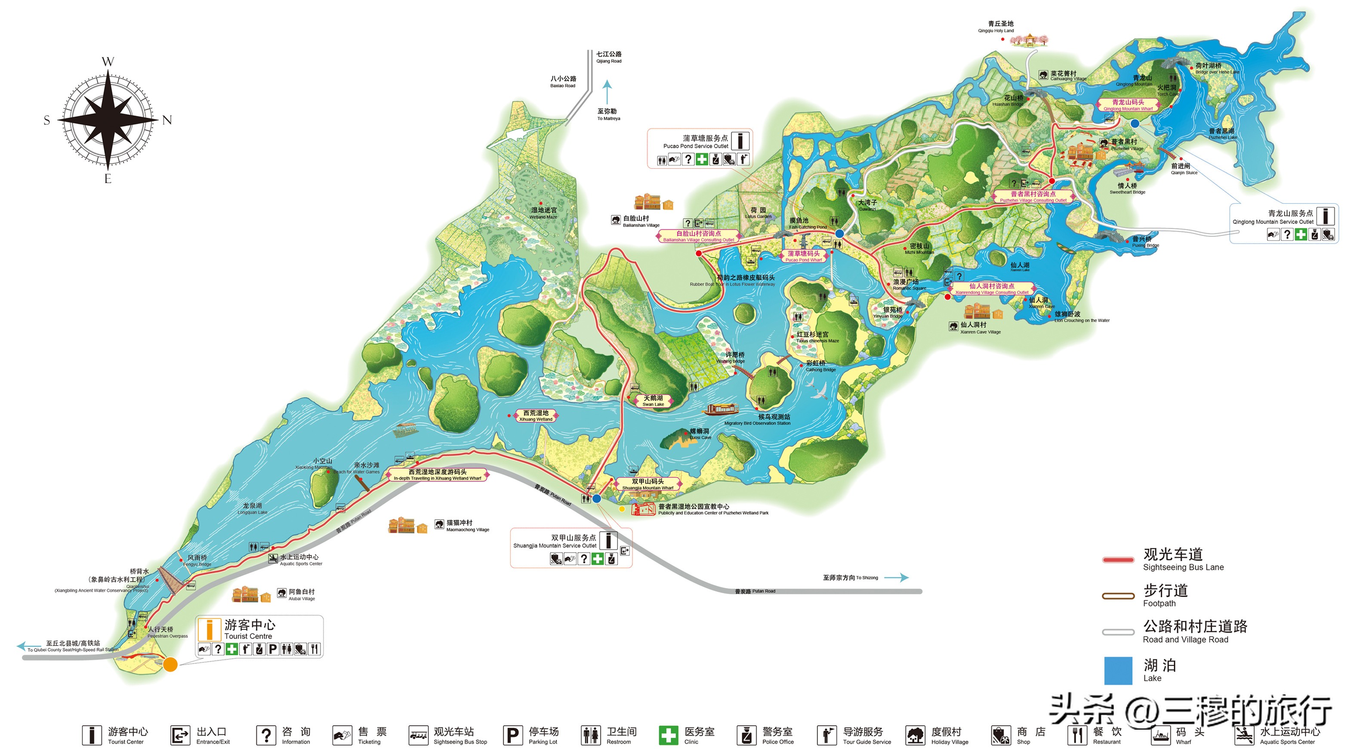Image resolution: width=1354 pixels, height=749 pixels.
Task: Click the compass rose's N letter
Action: tap(167, 120)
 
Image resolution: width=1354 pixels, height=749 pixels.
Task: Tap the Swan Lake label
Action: tap(654, 401)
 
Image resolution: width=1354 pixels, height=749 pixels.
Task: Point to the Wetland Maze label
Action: tap(543, 213)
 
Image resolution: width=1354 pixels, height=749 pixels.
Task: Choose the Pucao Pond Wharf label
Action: tap(803, 256)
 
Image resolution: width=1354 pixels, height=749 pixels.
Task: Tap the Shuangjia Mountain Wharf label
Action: tap(648, 484)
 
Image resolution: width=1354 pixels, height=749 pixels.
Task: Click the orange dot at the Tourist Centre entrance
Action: tap(170, 664)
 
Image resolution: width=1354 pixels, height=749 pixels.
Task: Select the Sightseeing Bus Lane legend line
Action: tap(1118, 560)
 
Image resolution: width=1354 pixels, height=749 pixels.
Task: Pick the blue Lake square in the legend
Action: tap(1118, 670)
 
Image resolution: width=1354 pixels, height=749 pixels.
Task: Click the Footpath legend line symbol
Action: tap(1118, 596)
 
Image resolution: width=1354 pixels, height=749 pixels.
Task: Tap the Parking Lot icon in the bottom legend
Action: tap(512, 735)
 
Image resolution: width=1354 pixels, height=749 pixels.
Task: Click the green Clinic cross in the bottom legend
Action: tap(669, 735)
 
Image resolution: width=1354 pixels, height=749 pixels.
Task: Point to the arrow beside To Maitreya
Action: tap(607, 92)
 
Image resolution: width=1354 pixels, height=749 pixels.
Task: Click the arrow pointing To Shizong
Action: tap(897, 578)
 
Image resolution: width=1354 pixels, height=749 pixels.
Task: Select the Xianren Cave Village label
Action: tap(980, 328)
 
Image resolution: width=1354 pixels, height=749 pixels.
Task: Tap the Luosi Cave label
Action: tap(700, 434)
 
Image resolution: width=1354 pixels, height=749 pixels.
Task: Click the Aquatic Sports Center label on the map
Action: tap(299, 560)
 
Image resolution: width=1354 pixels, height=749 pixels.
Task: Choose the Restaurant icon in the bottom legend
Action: tap(1077, 735)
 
